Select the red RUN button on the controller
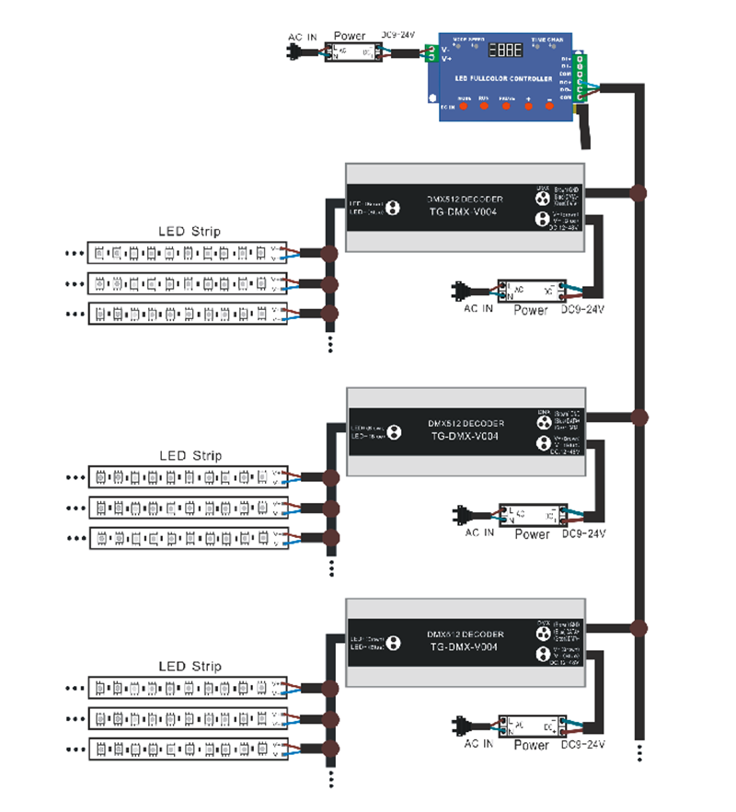pos(484,106)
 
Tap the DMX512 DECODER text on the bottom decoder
pos(465,635)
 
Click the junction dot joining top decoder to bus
pos(639,193)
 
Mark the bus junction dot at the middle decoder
pos(639,415)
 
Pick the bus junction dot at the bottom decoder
pos(639,629)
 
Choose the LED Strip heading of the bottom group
pos(190,667)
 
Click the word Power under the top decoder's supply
pos(531,311)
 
